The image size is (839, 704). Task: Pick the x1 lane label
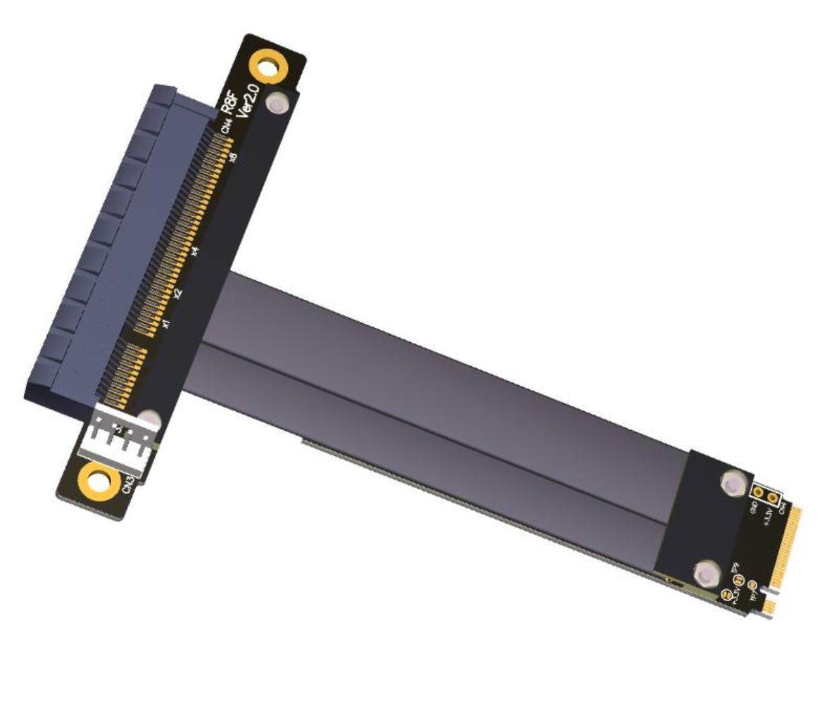(165, 323)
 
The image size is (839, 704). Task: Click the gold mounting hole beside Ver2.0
(268, 68)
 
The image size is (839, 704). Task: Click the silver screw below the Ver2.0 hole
(279, 104)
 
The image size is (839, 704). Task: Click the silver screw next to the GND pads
(732, 484)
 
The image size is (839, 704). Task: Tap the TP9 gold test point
(738, 579)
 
